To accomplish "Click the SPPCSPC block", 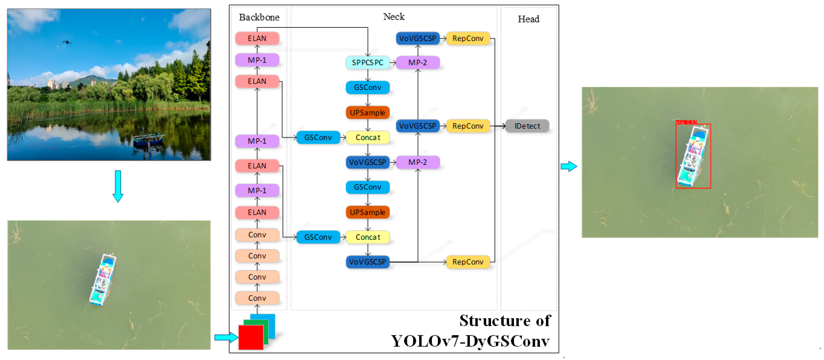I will (x=367, y=62).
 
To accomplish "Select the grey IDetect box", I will (x=527, y=126).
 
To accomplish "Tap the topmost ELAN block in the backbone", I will (x=257, y=38).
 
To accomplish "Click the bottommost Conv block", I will (x=257, y=298).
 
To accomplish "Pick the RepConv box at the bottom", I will (x=467, y=262).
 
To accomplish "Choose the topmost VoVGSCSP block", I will (x=417, y=38).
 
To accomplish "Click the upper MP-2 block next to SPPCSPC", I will (x=417, y=62).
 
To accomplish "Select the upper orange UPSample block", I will (x=367, y=113).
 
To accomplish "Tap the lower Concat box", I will (x=368, y=237).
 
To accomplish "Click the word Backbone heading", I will (x=259, y=17).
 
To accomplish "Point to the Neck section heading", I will (x=394, y=17).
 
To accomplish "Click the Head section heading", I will (x=528, y=19).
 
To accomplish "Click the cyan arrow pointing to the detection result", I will (x=568, y=166).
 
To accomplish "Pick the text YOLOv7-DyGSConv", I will (x=470, y=341).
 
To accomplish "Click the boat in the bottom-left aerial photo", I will (x=102, y=279).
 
